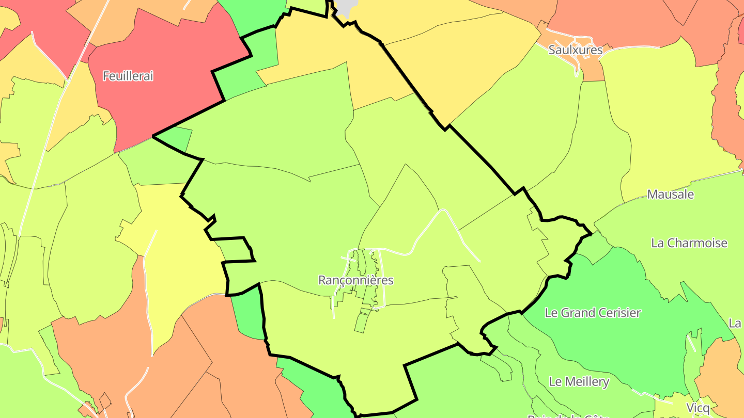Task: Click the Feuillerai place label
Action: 128,76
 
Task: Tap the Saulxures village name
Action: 576,50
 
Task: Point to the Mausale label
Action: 670,195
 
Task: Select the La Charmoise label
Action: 689,243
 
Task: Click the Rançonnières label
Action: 356,280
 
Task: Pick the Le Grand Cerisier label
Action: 593,313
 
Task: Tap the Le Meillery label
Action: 579,382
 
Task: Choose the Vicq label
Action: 698,408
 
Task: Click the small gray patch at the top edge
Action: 346,6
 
